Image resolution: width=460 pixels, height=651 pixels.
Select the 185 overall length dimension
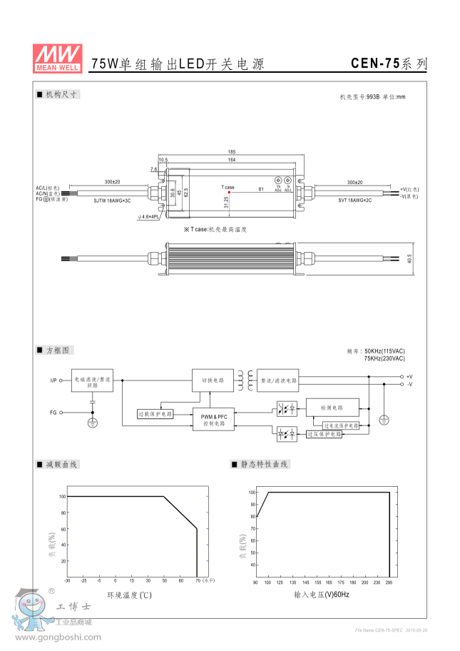click(x=232, y=152)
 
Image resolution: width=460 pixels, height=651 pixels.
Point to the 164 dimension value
click(x=232, y=159)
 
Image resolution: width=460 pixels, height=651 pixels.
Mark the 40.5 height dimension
click(x=409, y=258)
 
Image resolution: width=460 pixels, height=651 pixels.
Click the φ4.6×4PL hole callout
click(x=150, y=217)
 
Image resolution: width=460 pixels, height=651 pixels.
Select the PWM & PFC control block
click(x=213, y=419)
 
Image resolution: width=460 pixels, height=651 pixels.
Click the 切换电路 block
click(x=213, y=380)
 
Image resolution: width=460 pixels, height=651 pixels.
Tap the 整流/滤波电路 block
click(x=278, y=380)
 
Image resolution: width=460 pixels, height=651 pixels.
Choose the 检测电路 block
click(x=332, y=408)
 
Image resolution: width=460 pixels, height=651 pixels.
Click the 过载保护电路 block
click(x=155, y=414)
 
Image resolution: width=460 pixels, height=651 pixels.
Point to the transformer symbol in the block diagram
click(x=246, y=380)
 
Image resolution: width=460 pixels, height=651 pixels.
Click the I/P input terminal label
click(x=53, y=380)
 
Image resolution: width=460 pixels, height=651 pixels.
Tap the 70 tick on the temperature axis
click(x=198, y=581)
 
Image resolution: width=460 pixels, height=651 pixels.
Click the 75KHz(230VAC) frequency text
click(x=384, y=358)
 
